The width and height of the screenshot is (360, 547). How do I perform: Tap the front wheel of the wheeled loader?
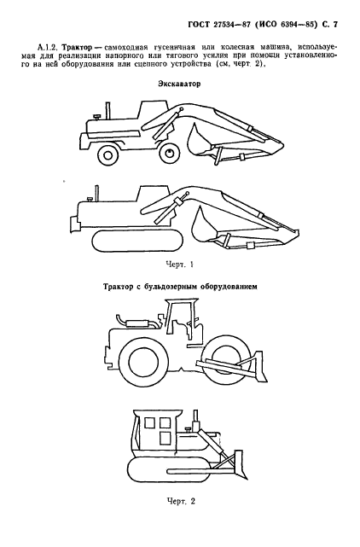tap(169, 154)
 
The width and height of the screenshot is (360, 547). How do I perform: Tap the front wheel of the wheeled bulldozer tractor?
tap(226, 358)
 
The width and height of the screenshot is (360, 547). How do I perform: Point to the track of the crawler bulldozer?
tap(171, 472)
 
